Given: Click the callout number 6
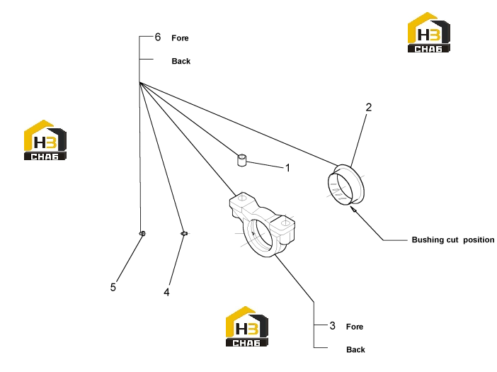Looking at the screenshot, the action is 158,37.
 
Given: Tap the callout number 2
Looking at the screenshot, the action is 368,107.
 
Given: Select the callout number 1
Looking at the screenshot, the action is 288,168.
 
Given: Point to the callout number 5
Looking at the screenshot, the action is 113,287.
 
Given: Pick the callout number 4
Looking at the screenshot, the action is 166,292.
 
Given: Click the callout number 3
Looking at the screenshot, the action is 332,325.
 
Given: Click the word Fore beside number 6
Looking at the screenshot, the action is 180,38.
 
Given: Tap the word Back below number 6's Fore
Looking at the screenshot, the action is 181,61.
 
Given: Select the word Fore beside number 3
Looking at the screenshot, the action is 355,327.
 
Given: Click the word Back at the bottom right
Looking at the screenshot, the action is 355,350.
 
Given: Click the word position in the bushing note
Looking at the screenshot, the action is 479,240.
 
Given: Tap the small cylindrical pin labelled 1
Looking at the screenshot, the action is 242,160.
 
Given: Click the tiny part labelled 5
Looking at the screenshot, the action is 142,234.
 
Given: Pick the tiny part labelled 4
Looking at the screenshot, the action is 184,234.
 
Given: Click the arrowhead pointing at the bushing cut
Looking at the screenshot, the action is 353,209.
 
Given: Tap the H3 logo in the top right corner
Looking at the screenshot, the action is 429,33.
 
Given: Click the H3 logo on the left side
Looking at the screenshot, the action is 45,140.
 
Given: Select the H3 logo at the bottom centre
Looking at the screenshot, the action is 247,327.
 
